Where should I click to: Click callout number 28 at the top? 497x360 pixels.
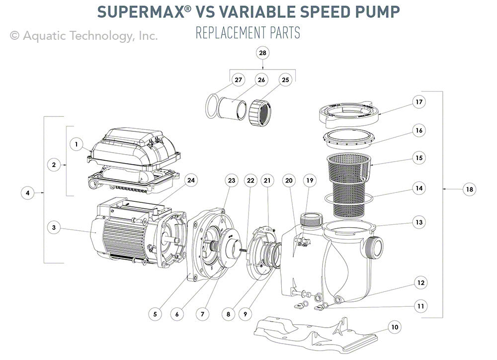[262, 52]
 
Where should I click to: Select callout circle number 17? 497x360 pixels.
[419, 102]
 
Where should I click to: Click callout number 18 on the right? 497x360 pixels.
[468, 189]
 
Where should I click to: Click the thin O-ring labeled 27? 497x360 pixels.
[213, 105]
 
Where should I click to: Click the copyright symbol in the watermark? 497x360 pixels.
[15, 36]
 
